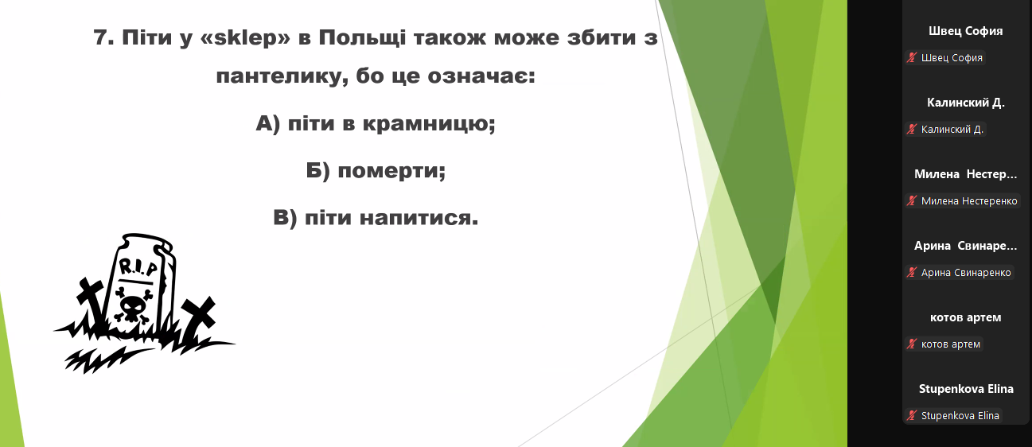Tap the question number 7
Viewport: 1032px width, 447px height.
(x=103, y=37)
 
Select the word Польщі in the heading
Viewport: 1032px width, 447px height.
(x=362, y=37)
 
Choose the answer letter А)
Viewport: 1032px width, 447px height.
(x=267, y=123)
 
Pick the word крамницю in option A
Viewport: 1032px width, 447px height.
(x=428, y=124)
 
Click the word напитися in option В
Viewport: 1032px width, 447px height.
(x=419, y=218)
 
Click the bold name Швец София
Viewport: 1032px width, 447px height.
(x=965, y=31)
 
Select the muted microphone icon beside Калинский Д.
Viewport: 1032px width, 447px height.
(x=912, y=130)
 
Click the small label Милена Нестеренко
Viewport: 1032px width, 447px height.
(x=969, y=201)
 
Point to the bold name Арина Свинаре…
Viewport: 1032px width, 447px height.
(x=965, y=246)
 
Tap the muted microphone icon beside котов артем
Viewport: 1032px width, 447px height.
(x=912, y=344)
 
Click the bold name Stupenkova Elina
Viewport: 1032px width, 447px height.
(x=966, y=389)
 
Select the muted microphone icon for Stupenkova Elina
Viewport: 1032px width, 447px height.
(x=912, y=415)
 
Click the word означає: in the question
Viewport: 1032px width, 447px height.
(x=481, y=76)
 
